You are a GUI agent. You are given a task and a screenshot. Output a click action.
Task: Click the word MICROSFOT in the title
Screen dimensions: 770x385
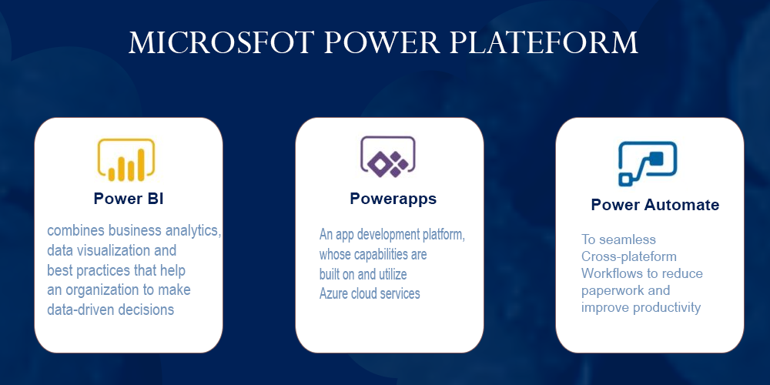pyautogui.click(x=220, y=42)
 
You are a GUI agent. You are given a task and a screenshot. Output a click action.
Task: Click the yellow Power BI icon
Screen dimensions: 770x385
pyautogui.click(x=126, y=160)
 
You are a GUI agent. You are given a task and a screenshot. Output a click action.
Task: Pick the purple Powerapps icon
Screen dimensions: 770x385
pyautogui.click(x=388, y=156)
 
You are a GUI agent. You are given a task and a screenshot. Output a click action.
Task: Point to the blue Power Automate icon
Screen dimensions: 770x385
pyautogui.click(x=648, y=164)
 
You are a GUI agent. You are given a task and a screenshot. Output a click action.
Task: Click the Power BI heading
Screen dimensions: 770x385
pyautogui.click(x=129, y=199)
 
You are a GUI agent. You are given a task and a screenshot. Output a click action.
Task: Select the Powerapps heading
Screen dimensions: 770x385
pyautogui.click(x=393, y=199)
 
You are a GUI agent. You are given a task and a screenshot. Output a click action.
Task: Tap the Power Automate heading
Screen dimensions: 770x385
pyautogui.click(x=655, y=205)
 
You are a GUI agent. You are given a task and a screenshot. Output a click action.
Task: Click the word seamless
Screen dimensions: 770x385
pyautogui.click(x=628, y=239)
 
